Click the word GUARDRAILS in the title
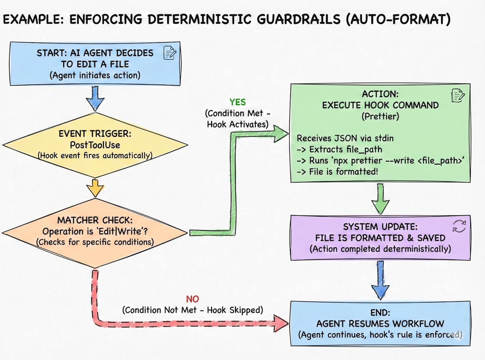pyautogui.click(x=298, y=19)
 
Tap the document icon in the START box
pyautogui.click(x=170, y=53)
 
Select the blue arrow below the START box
pyautogui.click(x=95, y=98)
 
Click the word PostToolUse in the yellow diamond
pyautogui.click(x=95, y=145)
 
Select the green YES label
pyautogui.click(x=237, y=102)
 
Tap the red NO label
pyautogui.click(x=192, y=299)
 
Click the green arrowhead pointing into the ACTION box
pyautogui.click(x=280, y=134)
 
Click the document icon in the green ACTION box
pyautogui.click(x=458, y=95)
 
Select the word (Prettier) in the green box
pyautogui.click(x=380, y=116)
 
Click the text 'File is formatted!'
pyautogui.click(x=343, y=171)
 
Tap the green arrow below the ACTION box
pyautogui.click(x=380, y=199)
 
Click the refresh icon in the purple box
pyautogui.click(x=459, y=226)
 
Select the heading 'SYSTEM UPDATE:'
pyautogui.click(x=380, y=226)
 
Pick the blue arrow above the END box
pyautogui.click(x=380, y=280)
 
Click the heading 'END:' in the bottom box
pyautogui.click(x=380, y=312)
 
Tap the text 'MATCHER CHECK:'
pyautogui.click(x=95, y=220)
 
